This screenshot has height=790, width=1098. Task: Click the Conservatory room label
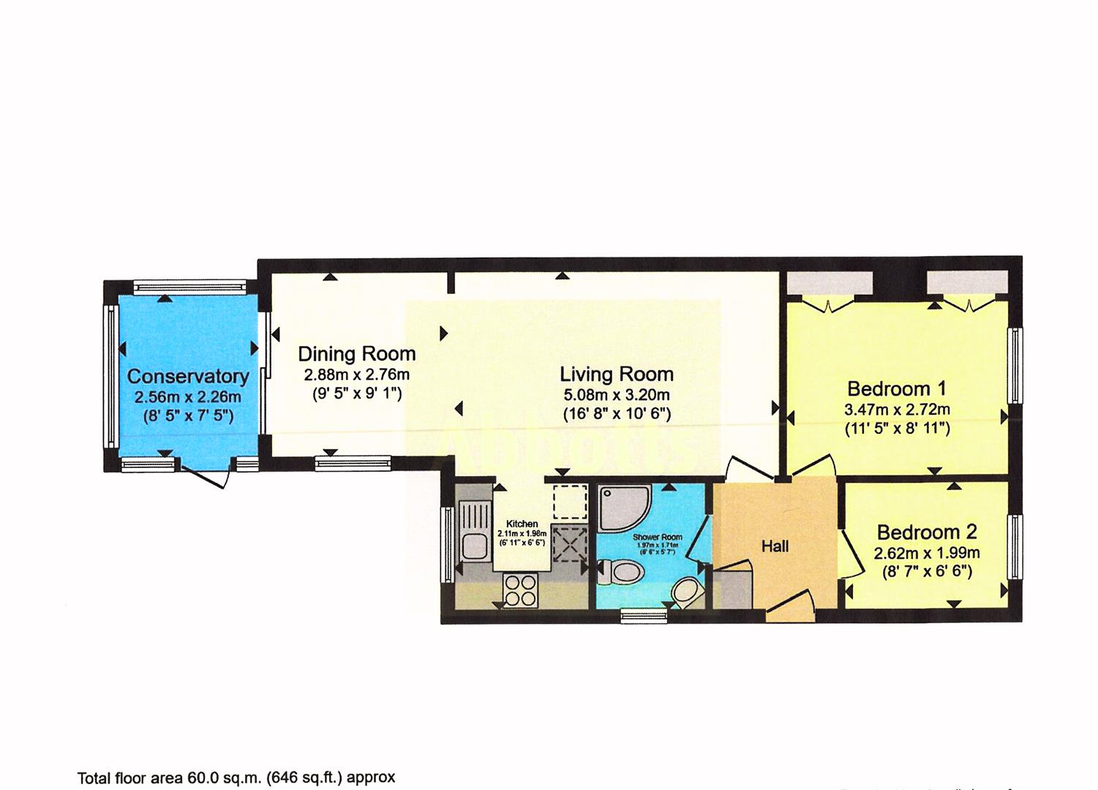(188, 376)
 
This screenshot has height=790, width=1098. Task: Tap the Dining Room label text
(356, 354)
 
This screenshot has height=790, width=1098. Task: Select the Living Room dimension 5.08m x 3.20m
(616, 395)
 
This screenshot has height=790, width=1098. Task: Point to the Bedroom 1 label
(896, 388)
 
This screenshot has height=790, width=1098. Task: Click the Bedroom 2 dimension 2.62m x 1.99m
(927, 553)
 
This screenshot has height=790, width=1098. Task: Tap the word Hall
(775, 546)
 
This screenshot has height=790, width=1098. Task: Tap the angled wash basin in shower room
(685, 591)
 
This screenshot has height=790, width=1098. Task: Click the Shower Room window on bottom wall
(644, 616)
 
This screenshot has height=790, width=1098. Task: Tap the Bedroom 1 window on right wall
(1015, 366)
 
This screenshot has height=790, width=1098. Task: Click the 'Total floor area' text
(236, 777)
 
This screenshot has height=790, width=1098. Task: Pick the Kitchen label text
(522, 524)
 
